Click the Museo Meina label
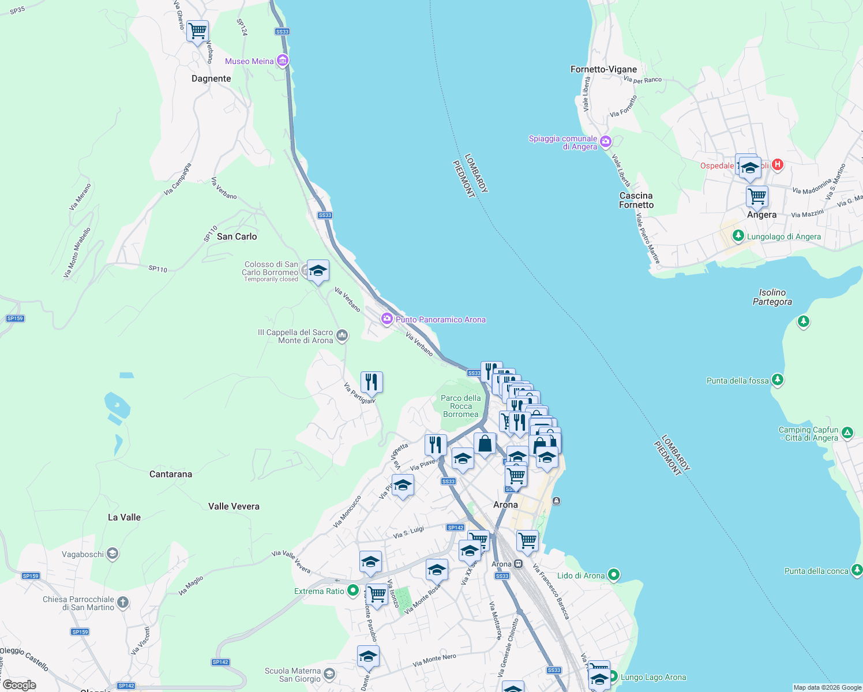[x=249, y=61]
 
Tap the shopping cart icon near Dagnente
[x=198, y=30]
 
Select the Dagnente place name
[x=211, y=78]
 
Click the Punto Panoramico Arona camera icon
[x=387, y=319]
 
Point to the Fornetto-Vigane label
[x=603, y=69]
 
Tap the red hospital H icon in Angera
[x=778, y=165]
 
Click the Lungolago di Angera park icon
[x=738, y=236]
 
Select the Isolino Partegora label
[x=772, y=297]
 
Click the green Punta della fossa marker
[x=778, y=379]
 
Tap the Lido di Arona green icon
[x=614, y=574]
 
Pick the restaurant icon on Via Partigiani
[x=372, y=382]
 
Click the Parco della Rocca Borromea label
[x=460, y=406]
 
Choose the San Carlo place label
[x=237, y=236]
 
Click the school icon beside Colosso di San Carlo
[x=318, y=270]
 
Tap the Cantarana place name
[x=171, y=474]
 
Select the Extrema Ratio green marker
[x=353, y=591]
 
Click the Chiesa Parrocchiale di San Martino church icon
[x=123, y=603]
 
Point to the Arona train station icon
[x=519, y=564]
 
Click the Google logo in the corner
[x=20, y=685]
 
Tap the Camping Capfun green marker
[x=847, y=432]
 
